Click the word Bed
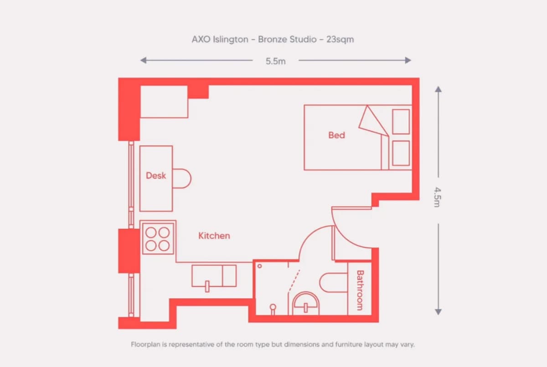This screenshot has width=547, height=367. coord(336,135)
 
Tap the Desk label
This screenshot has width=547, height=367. coord(156,176)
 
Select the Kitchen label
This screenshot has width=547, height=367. coord(214,236)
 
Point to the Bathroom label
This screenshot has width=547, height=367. coord(360,290)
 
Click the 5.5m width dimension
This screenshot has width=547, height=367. coord(276,61)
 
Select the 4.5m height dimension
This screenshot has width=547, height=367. coord(437,197)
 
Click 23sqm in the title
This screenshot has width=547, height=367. coord(340,39)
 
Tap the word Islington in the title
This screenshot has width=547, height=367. coord(231,39)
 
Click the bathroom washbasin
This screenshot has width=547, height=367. coord(306,304)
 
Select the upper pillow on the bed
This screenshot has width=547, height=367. coord(401,122)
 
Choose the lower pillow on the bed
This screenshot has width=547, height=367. coord(401,153)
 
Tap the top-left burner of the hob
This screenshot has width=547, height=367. coord(151,233)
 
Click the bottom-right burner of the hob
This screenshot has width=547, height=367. coord(164,246)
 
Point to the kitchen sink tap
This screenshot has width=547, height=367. coord(207,286)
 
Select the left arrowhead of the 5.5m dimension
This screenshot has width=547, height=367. coord(143,60)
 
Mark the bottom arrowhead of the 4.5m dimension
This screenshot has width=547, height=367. coord(439,312)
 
